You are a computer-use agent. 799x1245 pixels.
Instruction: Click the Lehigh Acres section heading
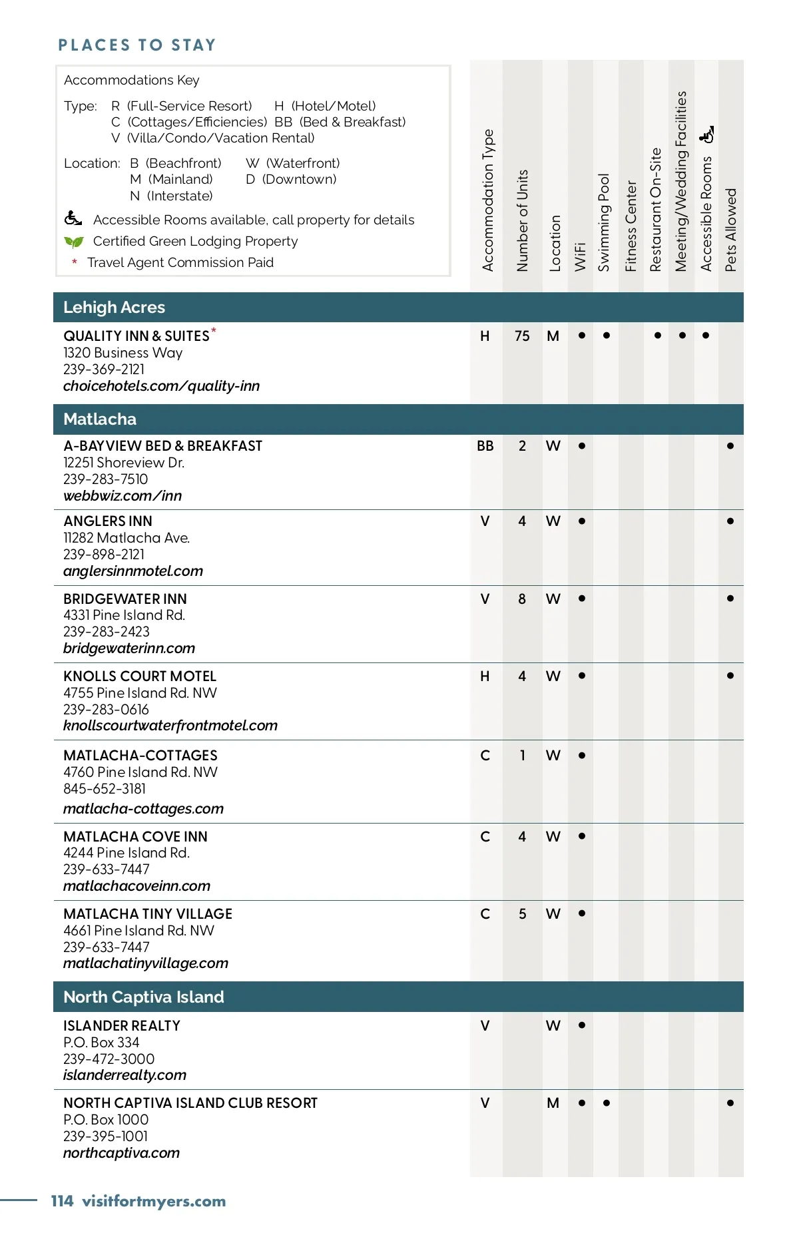tap(114, 308)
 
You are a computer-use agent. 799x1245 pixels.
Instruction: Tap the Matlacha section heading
tap(100, 419)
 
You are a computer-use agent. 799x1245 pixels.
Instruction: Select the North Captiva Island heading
tap(144, 997)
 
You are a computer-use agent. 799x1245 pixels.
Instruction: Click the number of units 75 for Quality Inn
tap(522, 336)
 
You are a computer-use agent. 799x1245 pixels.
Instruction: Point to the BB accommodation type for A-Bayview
tap(485, 446)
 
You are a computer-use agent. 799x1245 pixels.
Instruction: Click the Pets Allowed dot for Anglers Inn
tap(730, 521)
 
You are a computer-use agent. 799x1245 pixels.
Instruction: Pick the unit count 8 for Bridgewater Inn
tap(522, 599)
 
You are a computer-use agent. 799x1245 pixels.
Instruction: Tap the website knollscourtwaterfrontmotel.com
tap(170, 726)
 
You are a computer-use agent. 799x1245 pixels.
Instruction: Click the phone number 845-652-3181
tap(105, 789)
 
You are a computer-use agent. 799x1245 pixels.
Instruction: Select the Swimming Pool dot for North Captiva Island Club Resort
tap(607, 1103)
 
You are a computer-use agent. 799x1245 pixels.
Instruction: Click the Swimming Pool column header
tap(604, 222)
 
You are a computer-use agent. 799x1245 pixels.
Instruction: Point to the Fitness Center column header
tap(631, 226)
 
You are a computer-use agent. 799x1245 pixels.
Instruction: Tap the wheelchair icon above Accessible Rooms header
tap(707, 134)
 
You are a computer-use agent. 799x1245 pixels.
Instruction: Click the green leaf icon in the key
tap(74, 242)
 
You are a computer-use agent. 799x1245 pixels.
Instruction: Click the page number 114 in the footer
tap(62, 1202)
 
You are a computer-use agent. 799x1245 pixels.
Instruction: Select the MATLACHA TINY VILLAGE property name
tap(148, 914)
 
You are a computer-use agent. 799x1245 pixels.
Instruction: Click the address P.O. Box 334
tap(101, 1043)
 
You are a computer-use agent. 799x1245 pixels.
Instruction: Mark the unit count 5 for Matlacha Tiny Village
tap(523, 914)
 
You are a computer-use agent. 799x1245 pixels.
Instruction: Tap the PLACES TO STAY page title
tap(137, 45)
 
